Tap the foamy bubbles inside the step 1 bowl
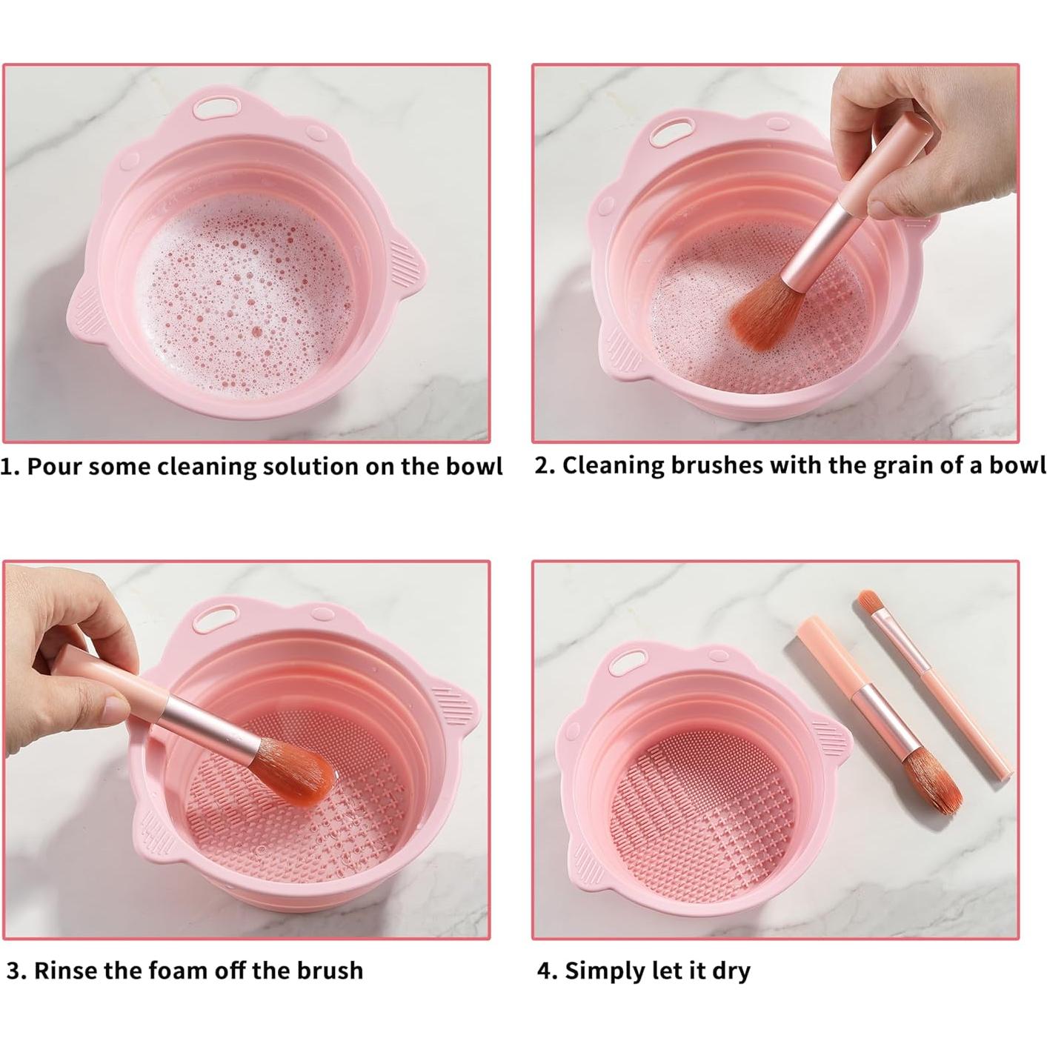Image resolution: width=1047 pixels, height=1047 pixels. pos(245,296)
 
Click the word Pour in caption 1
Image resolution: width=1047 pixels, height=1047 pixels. pos(58,467)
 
